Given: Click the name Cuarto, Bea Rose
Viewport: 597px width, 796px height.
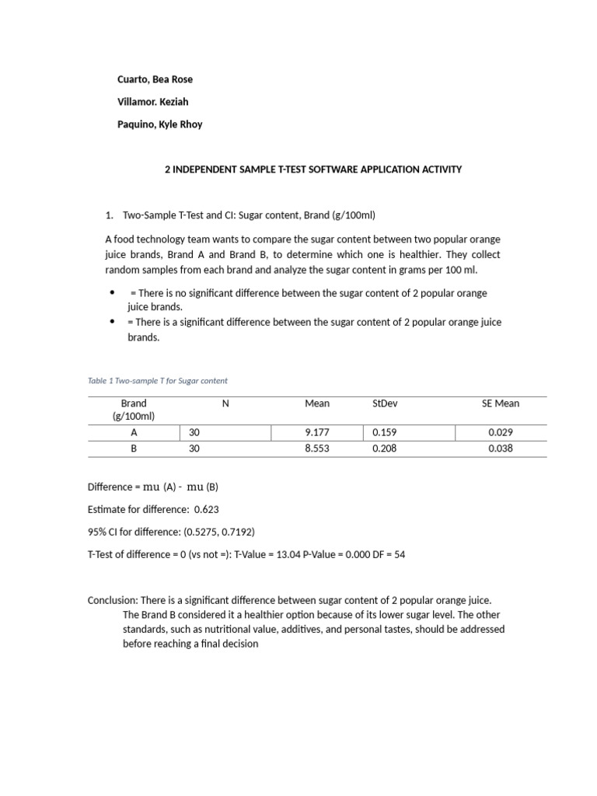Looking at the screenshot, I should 155,79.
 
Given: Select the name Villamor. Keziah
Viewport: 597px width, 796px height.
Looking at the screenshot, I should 152,102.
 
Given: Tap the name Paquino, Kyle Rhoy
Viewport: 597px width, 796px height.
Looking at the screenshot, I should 159,124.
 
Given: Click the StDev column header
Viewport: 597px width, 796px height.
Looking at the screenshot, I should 385,403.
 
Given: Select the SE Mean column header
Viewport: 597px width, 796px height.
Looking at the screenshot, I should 501,403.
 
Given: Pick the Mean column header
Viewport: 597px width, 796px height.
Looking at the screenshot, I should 317,403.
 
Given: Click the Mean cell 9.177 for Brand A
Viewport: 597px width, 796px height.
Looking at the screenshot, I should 317,432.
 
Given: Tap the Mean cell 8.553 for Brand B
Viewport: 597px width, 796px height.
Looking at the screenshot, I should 317,449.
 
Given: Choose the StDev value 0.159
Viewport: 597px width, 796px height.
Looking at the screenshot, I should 385,432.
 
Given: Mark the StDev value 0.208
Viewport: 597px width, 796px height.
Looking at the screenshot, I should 385,449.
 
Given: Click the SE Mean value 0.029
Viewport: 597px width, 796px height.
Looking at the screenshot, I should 501,432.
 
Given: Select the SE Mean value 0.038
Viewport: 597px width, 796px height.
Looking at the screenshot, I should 501,449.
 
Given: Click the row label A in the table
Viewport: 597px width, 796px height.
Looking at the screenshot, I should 134,432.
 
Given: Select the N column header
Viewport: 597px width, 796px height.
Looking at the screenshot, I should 225,403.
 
